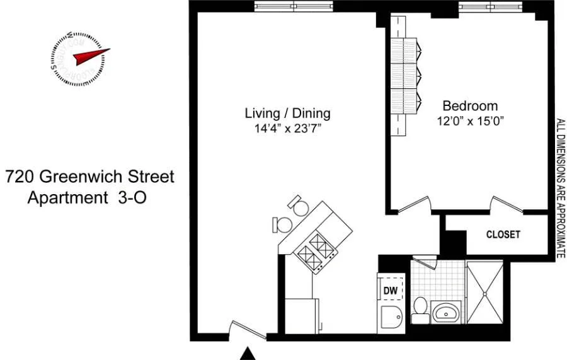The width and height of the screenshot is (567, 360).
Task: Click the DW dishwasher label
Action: [x=390, y=290]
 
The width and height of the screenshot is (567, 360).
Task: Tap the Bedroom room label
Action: [x=469, y=106]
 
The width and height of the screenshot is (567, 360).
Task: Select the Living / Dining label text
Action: [x=287, y=113]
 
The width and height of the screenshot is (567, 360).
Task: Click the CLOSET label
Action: [x=503, y=235]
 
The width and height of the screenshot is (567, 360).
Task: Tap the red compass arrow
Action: [x=90, y=56]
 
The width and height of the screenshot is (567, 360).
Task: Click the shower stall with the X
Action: [x=484, y=293]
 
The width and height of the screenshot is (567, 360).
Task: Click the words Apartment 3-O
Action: [x=88, y=197]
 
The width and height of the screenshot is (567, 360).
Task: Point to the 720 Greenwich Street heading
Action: [x=89, y=177]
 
